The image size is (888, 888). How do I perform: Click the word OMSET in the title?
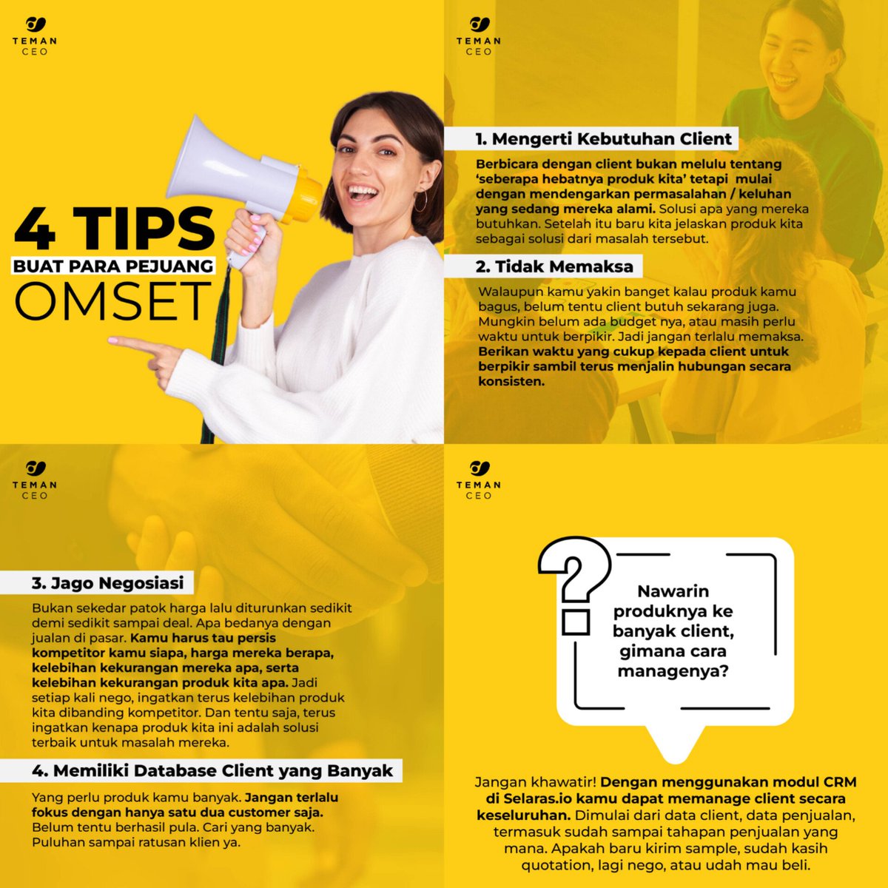click(112, 302)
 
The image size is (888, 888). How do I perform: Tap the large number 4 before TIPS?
click(36, 229)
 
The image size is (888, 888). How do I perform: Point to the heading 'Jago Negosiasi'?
click(107, 583)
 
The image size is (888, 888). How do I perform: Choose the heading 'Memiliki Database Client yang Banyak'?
click(212, 771)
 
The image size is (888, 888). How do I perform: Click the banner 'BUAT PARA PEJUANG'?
click(113, 266)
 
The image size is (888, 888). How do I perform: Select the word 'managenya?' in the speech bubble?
click(673, 672)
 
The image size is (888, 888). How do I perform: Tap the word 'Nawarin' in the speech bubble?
click(673, 591)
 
